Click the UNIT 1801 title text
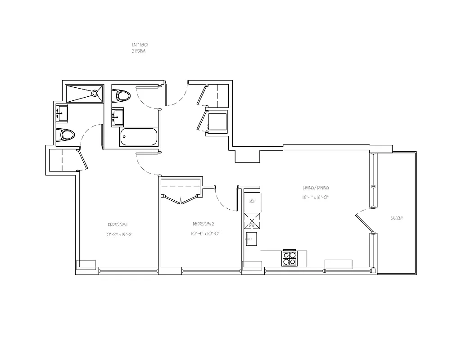click(x=139, y=45)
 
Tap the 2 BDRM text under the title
click(x=138, y=51)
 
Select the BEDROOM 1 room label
click(x=118, y=225)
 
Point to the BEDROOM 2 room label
click(x=203, y=224)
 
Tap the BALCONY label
click(x=397, y=218)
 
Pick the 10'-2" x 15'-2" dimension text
click(x=119, y=234)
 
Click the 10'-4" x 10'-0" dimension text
click(x=205, y=234)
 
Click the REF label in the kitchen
click(x=252, y=202)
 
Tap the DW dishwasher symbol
click(x=252, y=222)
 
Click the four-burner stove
click(x=290, y=259)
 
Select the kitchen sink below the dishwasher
click(x=251, y=239)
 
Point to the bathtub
click(x=139, y=137)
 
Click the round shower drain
click(x=95, y=94)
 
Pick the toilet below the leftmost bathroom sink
click(x=67, y=135)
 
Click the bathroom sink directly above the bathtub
click(x=118, y=117)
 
